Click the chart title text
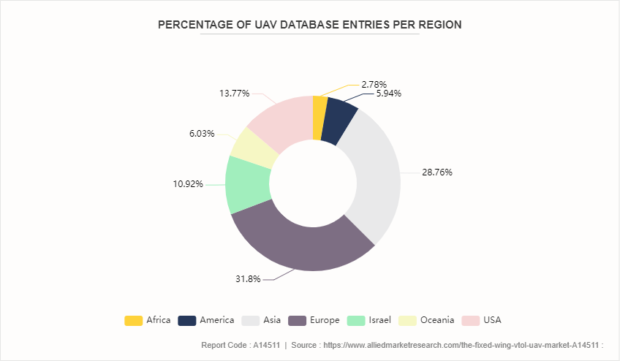(x=310, y=24)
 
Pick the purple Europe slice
(x=300, y=241)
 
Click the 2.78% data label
(x=374, y=84)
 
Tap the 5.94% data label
(x=388, y=94)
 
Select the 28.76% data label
(x=436, y=173)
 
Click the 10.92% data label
(x=188, y=184)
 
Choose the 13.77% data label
(x=234, y=94)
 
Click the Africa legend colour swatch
(x=134, y=320)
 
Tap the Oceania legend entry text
(x=437, y=320)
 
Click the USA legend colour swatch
(x=470, y=320)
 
